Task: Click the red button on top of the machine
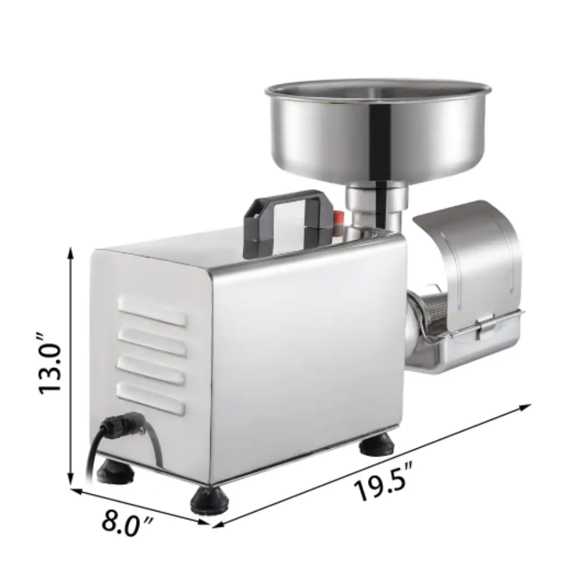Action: (338, 217)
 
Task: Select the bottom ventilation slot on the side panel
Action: (151, 397)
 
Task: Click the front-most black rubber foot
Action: (209, 499)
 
